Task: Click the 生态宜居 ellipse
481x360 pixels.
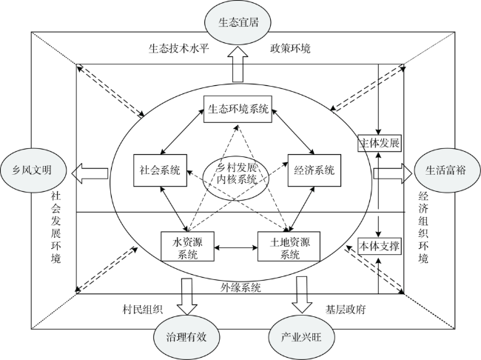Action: click(x=238, y=22)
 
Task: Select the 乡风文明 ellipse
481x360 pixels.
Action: click(x=33, y=170)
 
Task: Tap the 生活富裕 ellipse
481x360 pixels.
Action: click(x=447, y=170)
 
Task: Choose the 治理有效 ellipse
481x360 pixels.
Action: click(x=186, y=337)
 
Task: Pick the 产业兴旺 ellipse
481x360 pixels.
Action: click(x=301, y=337)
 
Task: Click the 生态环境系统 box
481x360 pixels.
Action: click(x=238, y=109)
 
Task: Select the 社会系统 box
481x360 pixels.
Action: click(x=160, y=170)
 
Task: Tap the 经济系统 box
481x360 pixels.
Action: click(x=314, y=170)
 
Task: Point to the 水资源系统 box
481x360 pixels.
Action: click(x=187, y=247)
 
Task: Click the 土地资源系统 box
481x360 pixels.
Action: click(x=289, y=247)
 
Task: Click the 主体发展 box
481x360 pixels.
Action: click(x=380, y=143)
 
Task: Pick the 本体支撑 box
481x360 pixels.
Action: click(x=380, y=246)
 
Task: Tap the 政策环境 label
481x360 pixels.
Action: click(x=290, y=48)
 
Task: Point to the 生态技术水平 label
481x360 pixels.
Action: click(x=178, y=48)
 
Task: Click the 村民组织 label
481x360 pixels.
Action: click(x=142, y=310)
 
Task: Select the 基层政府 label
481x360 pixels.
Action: click(x=346, y=310)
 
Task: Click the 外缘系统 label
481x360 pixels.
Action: click(x=240, y=287)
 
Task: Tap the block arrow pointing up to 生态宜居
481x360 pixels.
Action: click(x=238, y=64)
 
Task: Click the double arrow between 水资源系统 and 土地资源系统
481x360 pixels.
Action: click(x=236, y=247)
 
